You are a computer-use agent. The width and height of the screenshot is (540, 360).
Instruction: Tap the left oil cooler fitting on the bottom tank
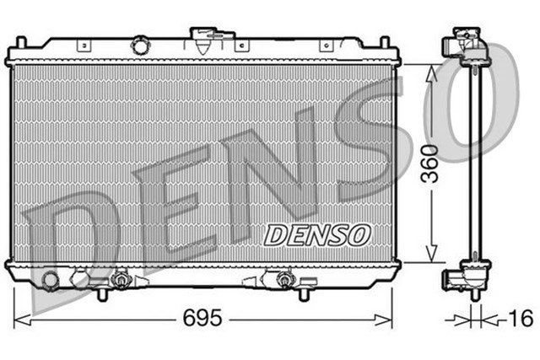(x=121, y=278)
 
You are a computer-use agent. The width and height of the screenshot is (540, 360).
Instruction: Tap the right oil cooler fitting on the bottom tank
(x=283, y=278)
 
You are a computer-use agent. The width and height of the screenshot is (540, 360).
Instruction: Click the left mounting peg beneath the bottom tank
(x=102, y=294)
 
